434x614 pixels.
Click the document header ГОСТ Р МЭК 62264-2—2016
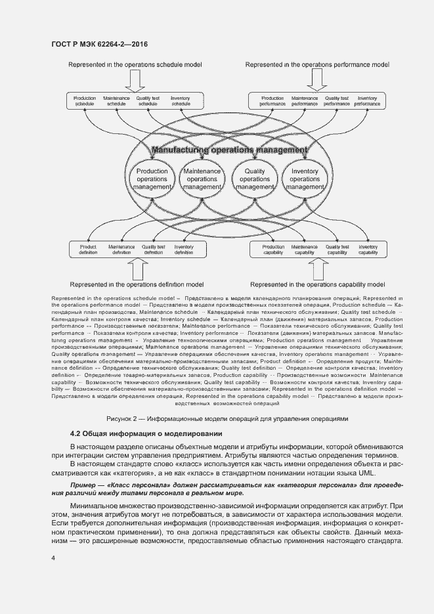click(x=99, y=44)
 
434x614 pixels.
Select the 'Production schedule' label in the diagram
click(x=85, y=100)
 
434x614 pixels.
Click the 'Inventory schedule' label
click(x=181, y=100)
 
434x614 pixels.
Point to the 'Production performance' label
click(x=272, y=100)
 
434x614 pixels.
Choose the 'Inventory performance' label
click(x=368, y=100)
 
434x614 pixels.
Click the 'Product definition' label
click(x=89, y=250)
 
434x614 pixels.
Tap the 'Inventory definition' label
click(x=184, y=250)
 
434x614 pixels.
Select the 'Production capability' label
click(x=273, y=250)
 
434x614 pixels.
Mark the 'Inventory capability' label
click(x=368, y=250)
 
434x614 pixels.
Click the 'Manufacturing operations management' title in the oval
click(x=228, y=150)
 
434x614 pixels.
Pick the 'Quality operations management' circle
click(x=254, y=179)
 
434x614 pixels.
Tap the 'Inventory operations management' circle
click(x=305, y=179)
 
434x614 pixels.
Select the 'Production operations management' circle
click(x=152, y=179)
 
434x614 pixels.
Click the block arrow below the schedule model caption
click(x=136, y=81)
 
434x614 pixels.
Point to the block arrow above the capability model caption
click(x=318, y=269)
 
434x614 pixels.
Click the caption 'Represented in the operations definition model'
click(x=136, y=284)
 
